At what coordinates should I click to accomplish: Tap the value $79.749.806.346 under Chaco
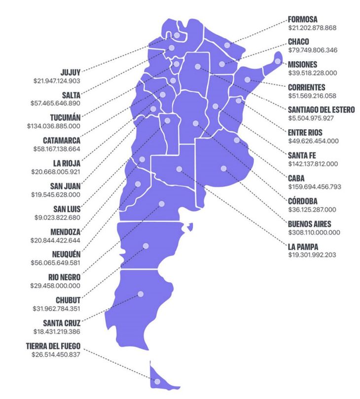click(x=312, y=50)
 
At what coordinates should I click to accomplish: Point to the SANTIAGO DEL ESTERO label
click(x=321, y=109)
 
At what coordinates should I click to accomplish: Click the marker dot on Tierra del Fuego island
click(x=157, y=381)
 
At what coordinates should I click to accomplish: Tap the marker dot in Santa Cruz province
click(x=141, y=294)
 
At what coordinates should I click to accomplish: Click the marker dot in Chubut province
click(x=145, y=246)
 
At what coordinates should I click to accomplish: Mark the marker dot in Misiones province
click(x=278, y=61)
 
